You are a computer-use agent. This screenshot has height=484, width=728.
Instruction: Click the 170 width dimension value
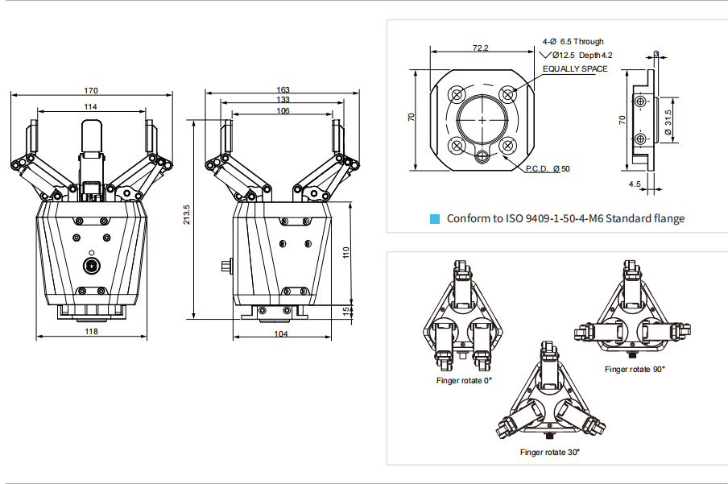click(91, 89)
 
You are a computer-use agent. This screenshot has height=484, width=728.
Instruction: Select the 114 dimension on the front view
click(91, 106)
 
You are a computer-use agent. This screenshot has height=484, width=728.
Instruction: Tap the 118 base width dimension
click(91, 331)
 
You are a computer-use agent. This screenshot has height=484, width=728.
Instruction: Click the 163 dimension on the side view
click(283, 89)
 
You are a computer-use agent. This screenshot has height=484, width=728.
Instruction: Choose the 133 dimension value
click(283, 100)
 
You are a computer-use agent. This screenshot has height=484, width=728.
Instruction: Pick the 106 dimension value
click(283, 111)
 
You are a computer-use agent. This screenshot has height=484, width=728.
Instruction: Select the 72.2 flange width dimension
click(480, 48)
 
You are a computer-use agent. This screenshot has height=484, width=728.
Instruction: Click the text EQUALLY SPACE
click(574, 69)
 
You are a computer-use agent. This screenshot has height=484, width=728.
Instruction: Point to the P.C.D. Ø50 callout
click(548, 168)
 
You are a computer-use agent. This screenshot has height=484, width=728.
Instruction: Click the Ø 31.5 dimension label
click(668, 122)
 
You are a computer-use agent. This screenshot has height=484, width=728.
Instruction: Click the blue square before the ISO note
click(435, 218)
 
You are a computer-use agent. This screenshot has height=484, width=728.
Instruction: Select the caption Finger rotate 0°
click(463, 380)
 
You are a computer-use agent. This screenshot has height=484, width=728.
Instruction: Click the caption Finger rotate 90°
click(635, 369)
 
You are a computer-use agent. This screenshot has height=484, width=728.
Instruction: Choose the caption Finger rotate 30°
click(550, 453)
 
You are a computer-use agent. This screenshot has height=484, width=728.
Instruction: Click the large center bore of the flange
click(482, 120)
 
